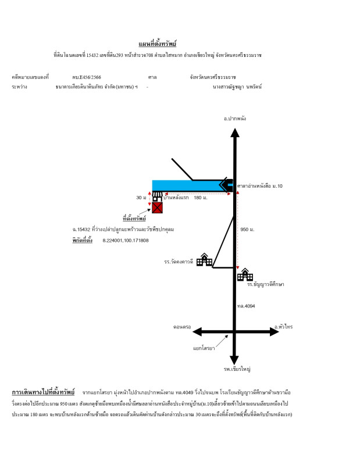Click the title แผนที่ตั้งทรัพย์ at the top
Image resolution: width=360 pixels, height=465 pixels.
[157, 44]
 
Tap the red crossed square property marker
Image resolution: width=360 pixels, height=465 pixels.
[157, 208]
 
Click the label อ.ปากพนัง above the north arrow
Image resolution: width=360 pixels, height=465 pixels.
[235, 119]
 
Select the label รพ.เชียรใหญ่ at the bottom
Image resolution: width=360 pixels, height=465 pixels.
[237, 369]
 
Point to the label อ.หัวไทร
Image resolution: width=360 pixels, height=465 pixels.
[283, 327]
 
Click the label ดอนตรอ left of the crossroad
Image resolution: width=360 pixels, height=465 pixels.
[182, 327]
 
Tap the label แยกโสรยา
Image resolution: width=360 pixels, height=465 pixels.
[204, 348]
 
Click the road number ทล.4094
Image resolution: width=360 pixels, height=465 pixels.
[246, 306]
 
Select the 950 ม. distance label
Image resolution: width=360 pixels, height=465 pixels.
[247, 230]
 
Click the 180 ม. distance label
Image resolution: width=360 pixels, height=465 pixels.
[200, 198]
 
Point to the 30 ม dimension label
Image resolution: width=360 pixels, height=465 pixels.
[141, 198]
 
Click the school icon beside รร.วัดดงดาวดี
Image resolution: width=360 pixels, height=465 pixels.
[205, 259]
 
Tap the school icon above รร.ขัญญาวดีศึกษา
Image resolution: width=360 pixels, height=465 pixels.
[245, 274]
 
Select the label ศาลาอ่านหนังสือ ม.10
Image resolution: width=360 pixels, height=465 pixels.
[260, 186]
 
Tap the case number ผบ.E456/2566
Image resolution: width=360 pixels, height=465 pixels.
[87, 77]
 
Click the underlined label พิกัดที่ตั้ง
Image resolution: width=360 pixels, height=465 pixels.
[82, 240]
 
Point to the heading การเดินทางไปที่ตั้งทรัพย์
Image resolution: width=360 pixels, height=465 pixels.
[44, 392]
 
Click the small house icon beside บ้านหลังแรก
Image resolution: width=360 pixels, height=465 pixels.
[157, 196]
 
